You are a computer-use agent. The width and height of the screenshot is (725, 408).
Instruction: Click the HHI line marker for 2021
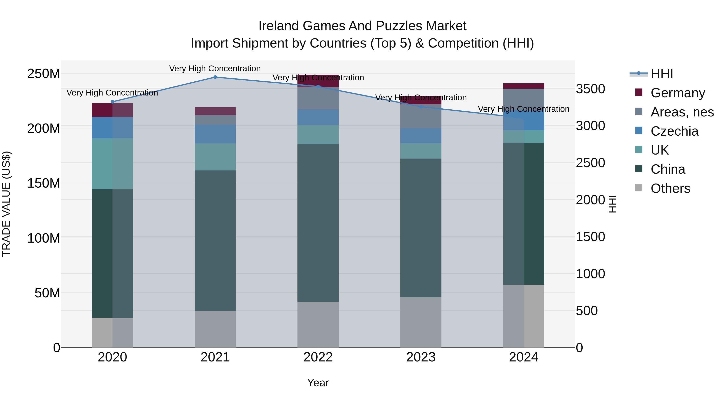click(x=215, y=77)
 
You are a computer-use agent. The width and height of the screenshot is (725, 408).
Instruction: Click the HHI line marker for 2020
click(x=112, y=102)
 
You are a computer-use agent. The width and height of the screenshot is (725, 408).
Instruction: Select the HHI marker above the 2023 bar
click(x=421, y=107)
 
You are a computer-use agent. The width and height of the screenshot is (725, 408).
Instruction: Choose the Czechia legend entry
click(x=674, y=131)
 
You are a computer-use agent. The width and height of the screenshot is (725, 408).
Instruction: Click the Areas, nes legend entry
click(x=682, y=112)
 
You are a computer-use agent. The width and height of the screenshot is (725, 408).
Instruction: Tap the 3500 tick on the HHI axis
click(x=590, y=89)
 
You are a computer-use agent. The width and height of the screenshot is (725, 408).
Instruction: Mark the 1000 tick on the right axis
click(x=590, y=274)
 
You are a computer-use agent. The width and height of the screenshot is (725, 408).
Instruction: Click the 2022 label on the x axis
click(x=318, y=357)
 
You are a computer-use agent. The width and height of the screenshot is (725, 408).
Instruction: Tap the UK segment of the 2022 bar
click(x=318, y=135)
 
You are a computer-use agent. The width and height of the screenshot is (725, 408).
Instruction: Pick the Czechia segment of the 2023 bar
click(x=421, y=136)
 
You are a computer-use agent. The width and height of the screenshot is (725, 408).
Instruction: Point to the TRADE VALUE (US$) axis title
click(x=6, y=204)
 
